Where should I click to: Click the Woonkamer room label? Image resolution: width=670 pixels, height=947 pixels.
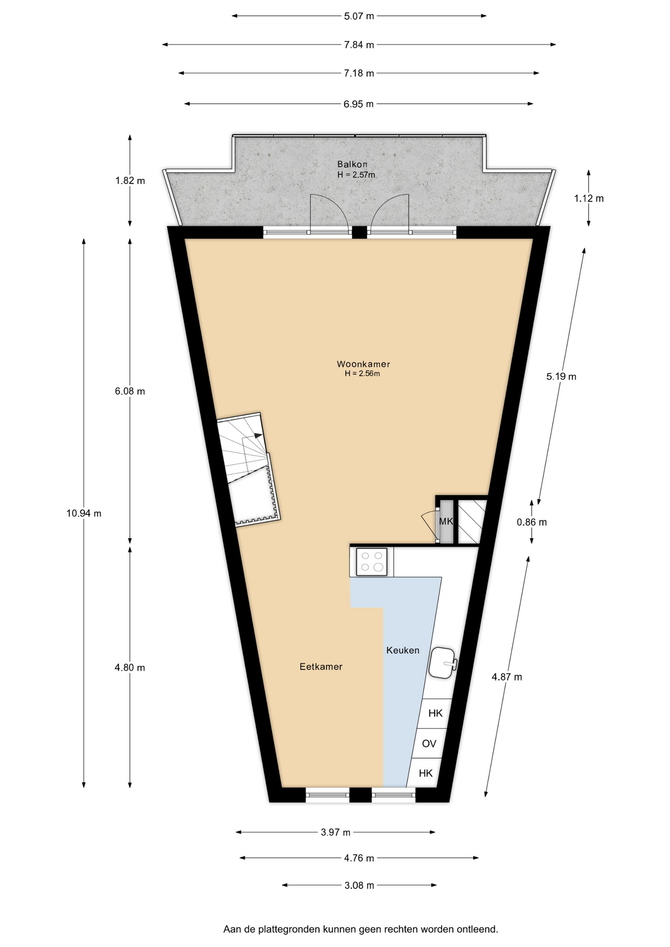pyautogui.click(x=363, y=364)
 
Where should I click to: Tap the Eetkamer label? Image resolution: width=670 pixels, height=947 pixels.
pyautogui.click(x=321, y=666)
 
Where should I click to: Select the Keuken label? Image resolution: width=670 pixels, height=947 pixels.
pyautogui.click(x=403, y=650)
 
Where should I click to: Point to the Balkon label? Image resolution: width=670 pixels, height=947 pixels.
pyautogui.click(x=352, y=164)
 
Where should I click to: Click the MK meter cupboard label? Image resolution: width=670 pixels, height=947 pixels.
pyautogui.click(x=446, y=521)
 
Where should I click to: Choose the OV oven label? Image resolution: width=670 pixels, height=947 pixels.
pyautogui.click(x=429, y=743)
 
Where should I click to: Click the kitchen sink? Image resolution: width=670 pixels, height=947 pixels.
pyautogui.click(x=443, y=662)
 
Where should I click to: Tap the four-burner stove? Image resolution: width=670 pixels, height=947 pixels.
pyautogui.click(x=372, y=562)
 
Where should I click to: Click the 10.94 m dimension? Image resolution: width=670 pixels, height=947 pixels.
pyautogui.click(x=84, y=513)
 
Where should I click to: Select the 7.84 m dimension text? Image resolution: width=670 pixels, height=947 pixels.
pyautogui.click(x=359, y=45)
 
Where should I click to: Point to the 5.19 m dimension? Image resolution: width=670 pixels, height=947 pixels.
pyautogui.click(x=561, y=376)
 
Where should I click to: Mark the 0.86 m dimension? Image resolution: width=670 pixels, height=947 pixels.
pyautogui.click(x=532, y=522)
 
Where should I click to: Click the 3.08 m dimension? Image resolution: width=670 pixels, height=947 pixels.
pyautogui.click(x=359, y=885)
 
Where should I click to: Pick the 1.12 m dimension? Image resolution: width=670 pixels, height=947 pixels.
pyautogui.click(x=589, y=198)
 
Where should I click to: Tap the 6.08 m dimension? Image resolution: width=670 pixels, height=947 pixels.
pyautogui.click(x=130, y=391)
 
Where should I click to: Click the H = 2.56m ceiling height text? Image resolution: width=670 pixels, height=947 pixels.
pyautogui.click(x=362, y=373)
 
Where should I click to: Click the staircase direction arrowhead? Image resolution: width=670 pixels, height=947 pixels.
pyautogui.click(x=259, y=436)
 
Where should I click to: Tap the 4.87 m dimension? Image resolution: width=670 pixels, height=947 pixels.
pyautogui.click(x=507, y=677)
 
